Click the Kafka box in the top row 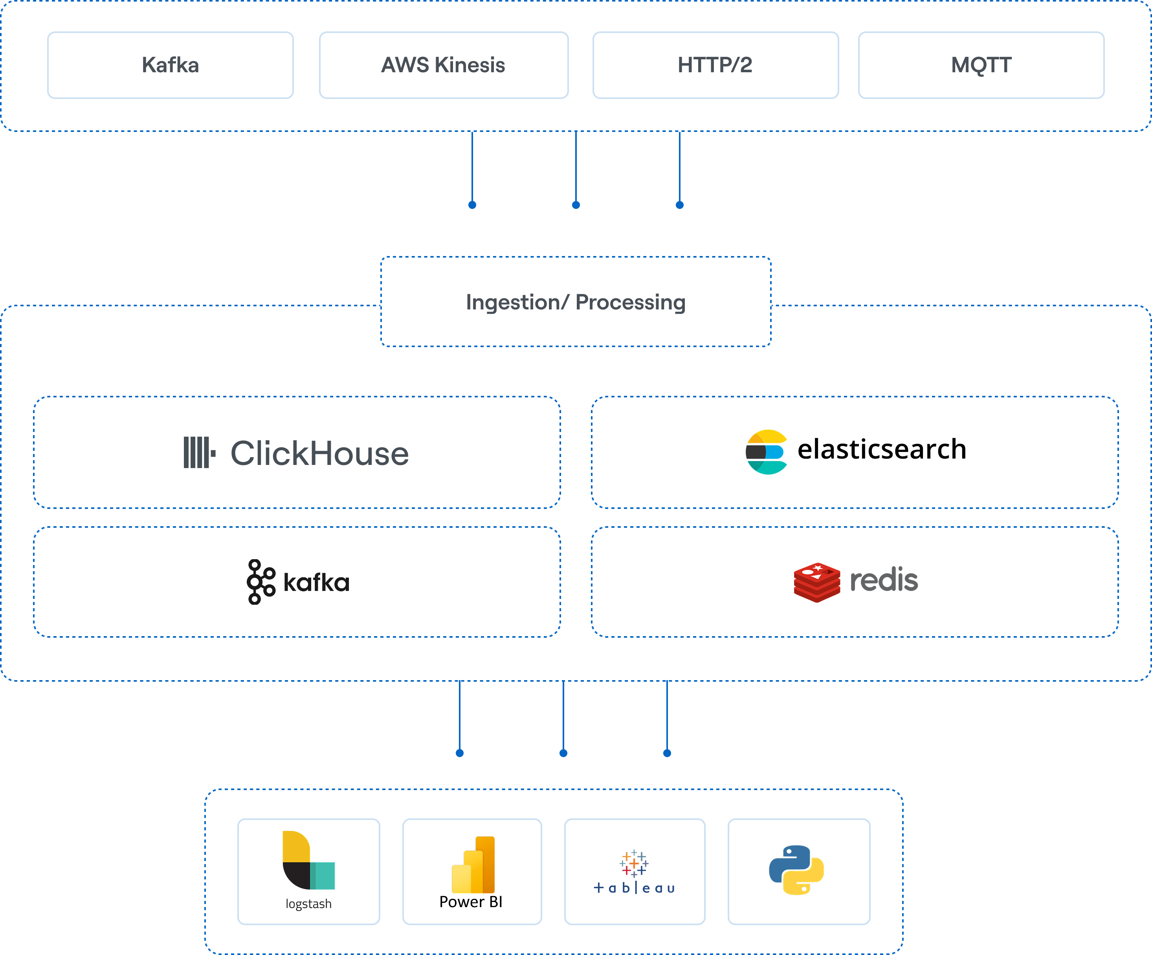point(170,65)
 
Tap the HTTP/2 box point(715,65)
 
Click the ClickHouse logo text point(319,454)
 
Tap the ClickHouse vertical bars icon point(198,453)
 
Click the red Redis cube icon point(817,582)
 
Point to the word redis point(883,580)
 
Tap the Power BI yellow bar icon point(473,865)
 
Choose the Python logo point(796,870)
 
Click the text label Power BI point(471,902)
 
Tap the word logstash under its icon point(308,904)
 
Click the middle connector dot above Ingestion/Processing point(576,205)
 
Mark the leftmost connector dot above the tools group point(460,753)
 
